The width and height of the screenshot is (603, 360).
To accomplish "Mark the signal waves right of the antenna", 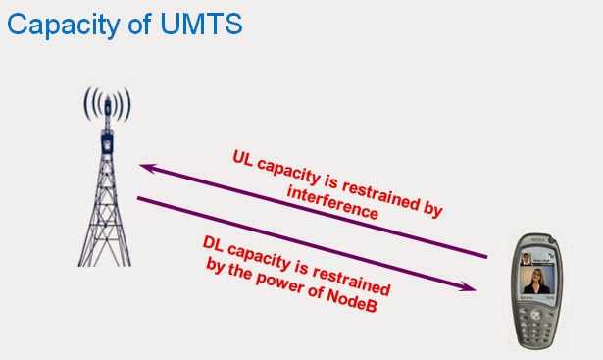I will coord(124,102).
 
